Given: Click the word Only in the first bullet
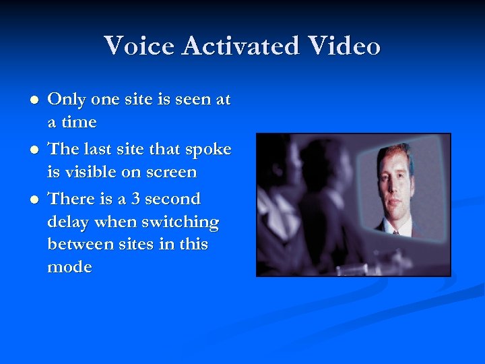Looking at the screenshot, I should pos(67,100).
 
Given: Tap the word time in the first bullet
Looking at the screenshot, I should pos(79,123).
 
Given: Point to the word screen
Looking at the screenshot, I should pos(171,173).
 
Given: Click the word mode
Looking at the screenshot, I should pos(69,267).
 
